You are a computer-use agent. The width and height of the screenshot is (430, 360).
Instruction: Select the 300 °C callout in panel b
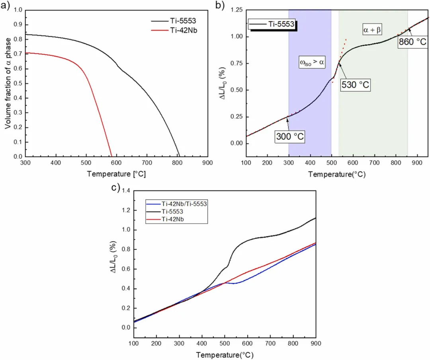click(x=289, y=137)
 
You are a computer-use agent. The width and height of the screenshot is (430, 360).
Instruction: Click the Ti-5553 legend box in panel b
click(x=272, y=24)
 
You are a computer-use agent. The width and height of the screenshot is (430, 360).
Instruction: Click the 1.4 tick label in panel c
click(x=126, y=191)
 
